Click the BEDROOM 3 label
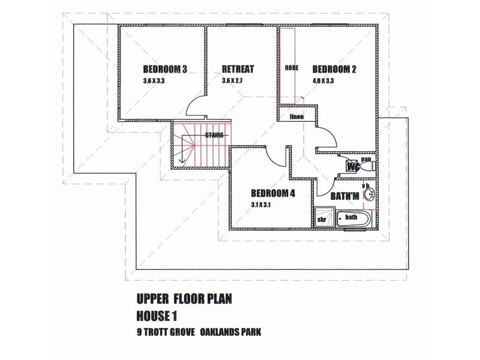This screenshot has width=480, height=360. [x=165, y=69]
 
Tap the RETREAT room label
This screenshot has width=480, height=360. [x=238, y=69]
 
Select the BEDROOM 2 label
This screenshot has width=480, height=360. [x=334, y=69]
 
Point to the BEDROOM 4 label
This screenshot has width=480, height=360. [x=273, y=193]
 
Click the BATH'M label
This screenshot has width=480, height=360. [x=344, y=196]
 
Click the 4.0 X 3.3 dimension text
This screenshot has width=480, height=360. [x=325, y=81]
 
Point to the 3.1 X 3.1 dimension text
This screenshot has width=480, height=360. [x=263, y=205]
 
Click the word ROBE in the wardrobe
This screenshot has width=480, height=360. [x=292, y=68]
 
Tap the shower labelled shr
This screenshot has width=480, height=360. [x=322, y=218]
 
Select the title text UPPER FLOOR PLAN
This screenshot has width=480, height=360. [x=176, y=298]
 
